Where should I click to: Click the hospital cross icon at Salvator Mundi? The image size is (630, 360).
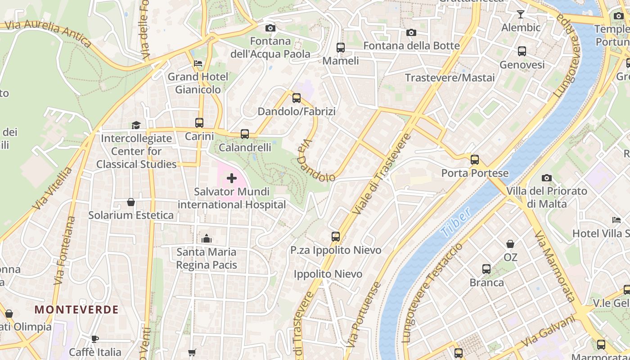[x=232, y=179]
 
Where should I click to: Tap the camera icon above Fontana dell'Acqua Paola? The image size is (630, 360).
[x=270, y=28]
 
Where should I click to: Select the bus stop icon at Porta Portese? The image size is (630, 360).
[x=474, y=160]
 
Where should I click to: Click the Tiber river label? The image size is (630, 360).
[x=455, y=222]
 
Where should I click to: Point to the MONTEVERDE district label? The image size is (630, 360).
[x=76, y=310]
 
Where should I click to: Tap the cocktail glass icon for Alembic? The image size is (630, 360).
[x=521, y=14]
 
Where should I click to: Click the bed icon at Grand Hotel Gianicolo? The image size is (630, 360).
[x=198, y=63]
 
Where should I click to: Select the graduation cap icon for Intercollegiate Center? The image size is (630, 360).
[x=136, y=125]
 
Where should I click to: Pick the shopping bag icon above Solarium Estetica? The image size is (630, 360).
[x=131, y=202]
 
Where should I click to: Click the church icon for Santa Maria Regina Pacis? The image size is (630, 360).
[x=207, y=238]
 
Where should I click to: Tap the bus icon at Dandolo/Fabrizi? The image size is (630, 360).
[x=296, y=98]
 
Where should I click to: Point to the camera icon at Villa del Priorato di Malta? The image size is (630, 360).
[x=547, y=178]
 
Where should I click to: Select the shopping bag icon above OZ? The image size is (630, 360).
[x=510, y=244]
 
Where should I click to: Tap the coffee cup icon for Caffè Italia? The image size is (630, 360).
[x=95, y=339]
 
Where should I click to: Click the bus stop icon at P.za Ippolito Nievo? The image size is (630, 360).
[x=336, y=237]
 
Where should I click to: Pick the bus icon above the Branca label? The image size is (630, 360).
[x=486, y=269]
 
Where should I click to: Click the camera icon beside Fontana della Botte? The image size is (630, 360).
[x=411, y=33]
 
